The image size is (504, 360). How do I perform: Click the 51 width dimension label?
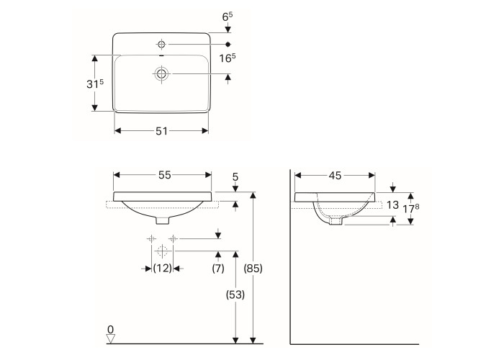162,131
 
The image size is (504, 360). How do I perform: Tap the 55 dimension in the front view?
165,175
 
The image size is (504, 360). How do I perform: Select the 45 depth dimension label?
335,176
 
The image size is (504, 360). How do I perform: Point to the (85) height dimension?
253,268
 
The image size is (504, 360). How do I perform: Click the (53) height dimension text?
235,294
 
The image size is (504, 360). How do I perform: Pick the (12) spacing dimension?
162,268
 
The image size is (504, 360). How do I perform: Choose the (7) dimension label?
218,268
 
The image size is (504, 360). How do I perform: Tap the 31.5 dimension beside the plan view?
95,84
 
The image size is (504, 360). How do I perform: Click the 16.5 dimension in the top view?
228,58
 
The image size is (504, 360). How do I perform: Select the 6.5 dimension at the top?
228,17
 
